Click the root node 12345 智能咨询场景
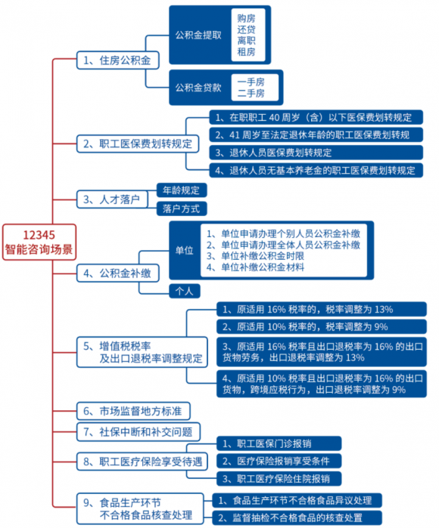click(39, 242)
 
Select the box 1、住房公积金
click(118, 60)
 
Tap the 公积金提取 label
click(198, 35)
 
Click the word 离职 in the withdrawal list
click(246, 41)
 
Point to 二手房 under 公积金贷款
click(251, 93)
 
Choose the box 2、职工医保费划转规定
click(138, 144)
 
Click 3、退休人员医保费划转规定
click(316, 153)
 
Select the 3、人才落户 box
click(112, 199)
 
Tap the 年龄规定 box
click(182, 190)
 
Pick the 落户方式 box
click(182, 208)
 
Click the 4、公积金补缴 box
click(118, 273)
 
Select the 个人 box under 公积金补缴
click(185, 291)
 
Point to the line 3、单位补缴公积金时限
click(255, 256)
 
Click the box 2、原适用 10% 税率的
click(322, 326)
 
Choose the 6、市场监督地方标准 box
click(133, 411)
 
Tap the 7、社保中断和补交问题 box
click(139, 432)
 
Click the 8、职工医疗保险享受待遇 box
click(142, 462)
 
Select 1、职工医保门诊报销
click(279, 443)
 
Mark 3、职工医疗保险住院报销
click(279, 478)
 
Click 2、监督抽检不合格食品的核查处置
click(297, 517)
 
